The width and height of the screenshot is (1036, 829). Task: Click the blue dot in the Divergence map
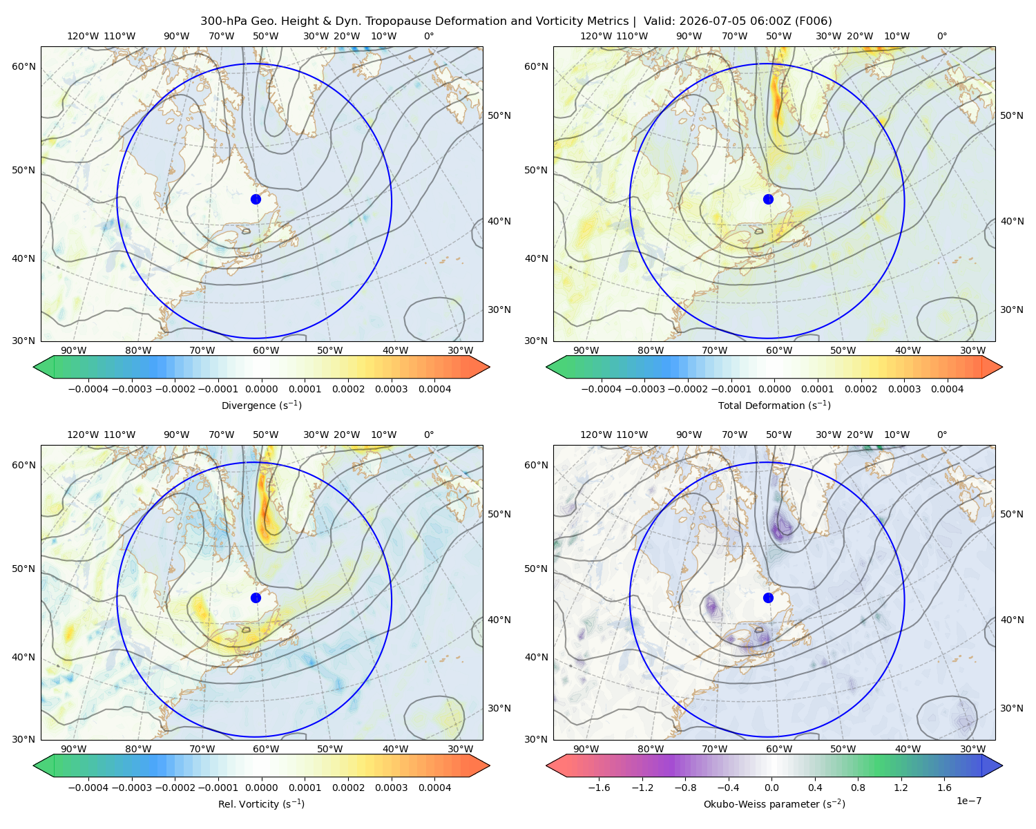(256, 199)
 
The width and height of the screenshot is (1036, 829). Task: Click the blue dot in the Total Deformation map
(768, 199)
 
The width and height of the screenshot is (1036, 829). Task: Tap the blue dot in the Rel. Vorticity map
(256, 598)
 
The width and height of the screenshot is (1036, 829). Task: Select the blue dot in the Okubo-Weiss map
(768, 598)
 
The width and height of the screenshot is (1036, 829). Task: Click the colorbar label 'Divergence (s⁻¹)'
(261, 405)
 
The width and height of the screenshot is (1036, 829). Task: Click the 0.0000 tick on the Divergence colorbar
(261, 389)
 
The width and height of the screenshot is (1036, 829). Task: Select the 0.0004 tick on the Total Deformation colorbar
(947, 389)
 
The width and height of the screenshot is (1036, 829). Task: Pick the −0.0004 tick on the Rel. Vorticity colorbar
(88, 788)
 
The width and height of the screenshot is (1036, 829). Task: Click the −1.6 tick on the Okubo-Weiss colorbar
(599, 788)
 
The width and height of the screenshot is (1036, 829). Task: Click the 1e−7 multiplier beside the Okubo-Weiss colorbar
(968, 801)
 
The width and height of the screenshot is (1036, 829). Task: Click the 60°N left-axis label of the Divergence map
(23, 66)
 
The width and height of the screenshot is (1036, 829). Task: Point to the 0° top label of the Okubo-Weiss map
(941, 435)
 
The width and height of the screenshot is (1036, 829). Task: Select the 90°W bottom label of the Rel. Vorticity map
(74, 749)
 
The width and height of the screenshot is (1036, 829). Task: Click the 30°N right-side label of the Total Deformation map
(1012, 309)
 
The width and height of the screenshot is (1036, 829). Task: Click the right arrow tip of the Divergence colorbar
(490, 367)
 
